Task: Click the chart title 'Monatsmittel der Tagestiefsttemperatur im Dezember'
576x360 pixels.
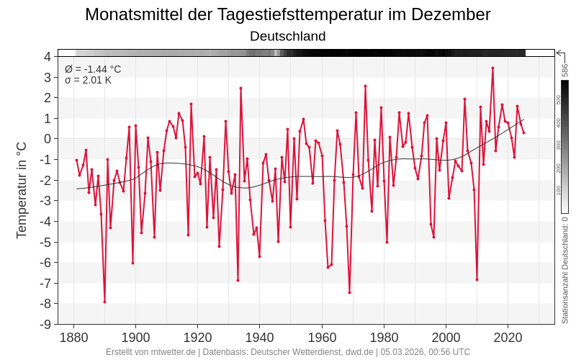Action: click(x=288, y=14)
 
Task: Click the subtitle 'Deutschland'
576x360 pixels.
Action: click(x=288, y=36)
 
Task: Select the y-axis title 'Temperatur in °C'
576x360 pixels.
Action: click(x=22, y=189)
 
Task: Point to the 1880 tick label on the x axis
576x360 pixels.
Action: click(x=73, y=337)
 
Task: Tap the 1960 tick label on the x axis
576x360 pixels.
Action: click(x=322, y=337)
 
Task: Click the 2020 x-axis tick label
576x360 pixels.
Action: click(x=508, y=337)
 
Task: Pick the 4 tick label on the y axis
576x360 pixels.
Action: click(x=48, y=56)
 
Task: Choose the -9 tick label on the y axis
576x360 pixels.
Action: click(x=45, y=324)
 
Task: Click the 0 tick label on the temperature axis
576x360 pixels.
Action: click(x=48, y=139)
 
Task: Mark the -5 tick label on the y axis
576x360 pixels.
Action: click(x=45, y=242)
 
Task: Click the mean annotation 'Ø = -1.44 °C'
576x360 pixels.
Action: click(x=93, y=69)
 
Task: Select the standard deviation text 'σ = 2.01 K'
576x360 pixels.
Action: click(x=89, y=80)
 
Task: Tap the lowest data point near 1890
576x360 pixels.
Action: click(x=104, y=302)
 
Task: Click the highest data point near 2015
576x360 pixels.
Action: click(x=492, y=68)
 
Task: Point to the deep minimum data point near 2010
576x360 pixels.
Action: click(x=477, y=279)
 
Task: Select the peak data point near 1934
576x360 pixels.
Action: click(x=240, y=88)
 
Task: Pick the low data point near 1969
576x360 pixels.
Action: click(x=349, y=292)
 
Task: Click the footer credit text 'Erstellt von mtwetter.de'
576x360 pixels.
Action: click(x=150, y=352)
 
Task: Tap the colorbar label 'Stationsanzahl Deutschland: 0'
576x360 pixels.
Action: click(x=565, y=270)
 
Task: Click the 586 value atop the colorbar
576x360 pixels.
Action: click(x=565, y=70)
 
